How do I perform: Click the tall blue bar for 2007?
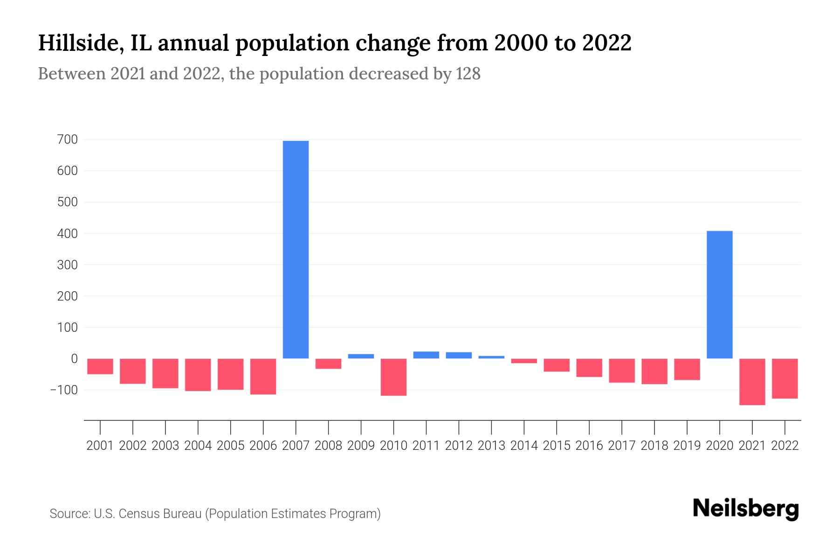(x=296, y=250)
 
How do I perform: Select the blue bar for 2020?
(x=719, y=294)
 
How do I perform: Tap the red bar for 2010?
(x=393, y=377)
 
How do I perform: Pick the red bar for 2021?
(x=752, y=382)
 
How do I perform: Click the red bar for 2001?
(x=100, y=366)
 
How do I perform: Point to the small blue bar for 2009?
(x=361, y=356)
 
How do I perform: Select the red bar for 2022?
(x=784, y=378)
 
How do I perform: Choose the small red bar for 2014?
(x=524, y=361)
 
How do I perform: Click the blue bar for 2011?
(x=426, y=355)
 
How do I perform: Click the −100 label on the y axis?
(x=63, y=390)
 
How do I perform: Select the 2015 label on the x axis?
(x=557, y=446)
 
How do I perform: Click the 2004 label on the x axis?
(x=198, y=446)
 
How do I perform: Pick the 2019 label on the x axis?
(x=687, y=446)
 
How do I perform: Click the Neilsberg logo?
(x=745, y=509)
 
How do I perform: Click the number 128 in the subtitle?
(x=468, y=74)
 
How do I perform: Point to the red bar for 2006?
(x=263, y=377)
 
